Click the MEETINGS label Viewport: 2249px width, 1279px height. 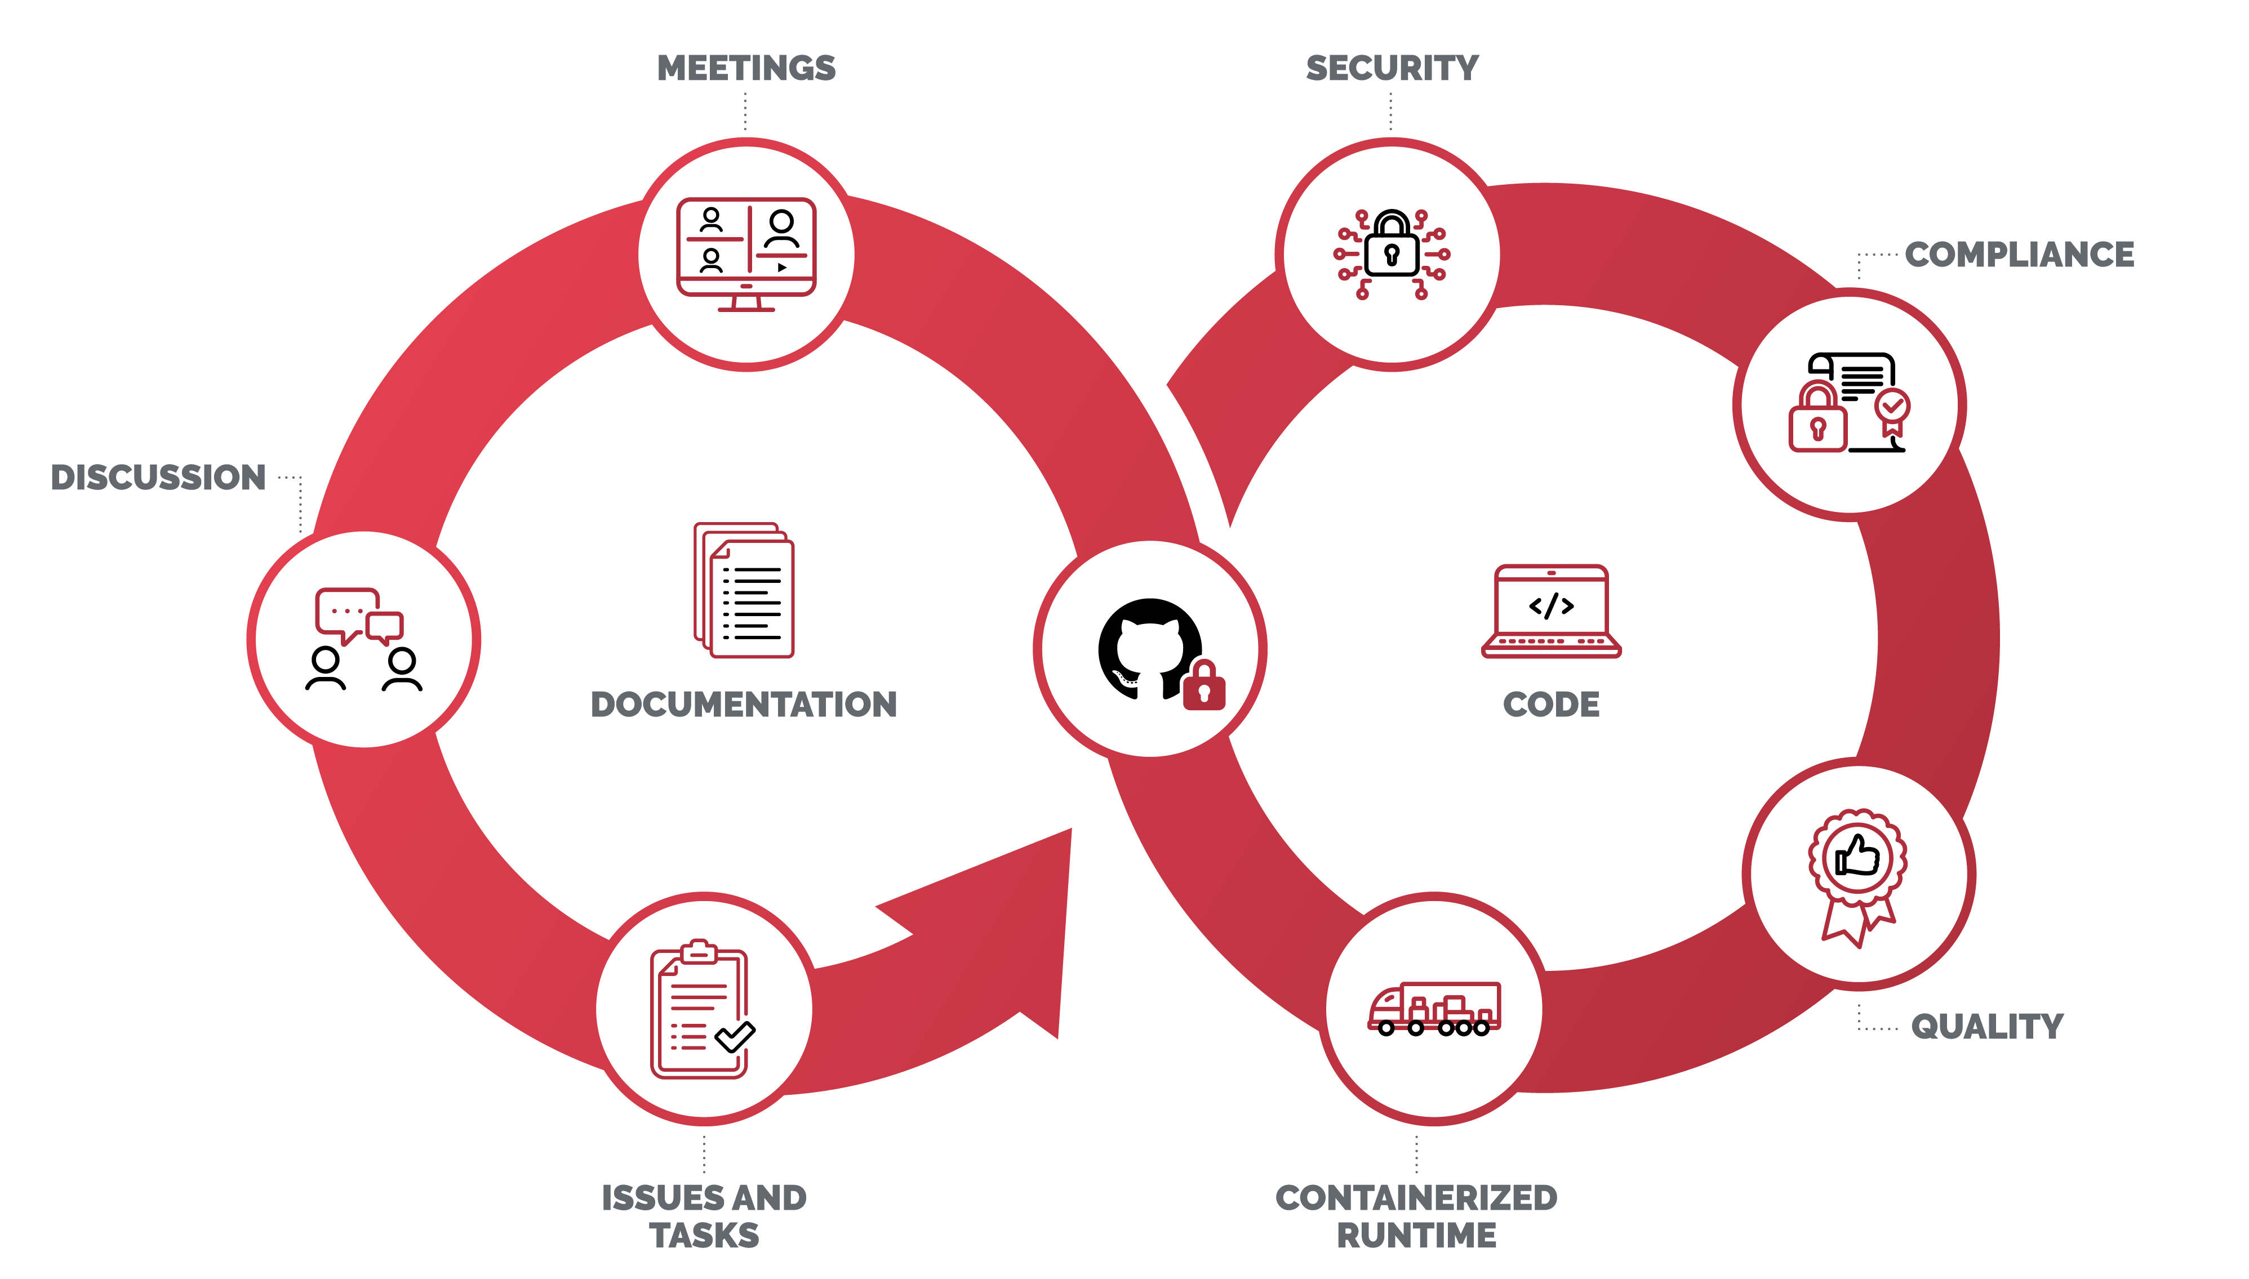(x=746, y=69)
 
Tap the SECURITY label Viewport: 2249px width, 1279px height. (x=1392, y=69)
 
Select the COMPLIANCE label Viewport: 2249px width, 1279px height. (x=2019, y=255)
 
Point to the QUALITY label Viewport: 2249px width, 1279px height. (x=1987, y=1026)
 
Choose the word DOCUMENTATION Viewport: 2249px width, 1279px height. (x=743, y=705)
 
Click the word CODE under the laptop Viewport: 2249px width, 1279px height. (x=1550, y=705)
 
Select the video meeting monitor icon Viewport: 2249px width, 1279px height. (x=746, y=255)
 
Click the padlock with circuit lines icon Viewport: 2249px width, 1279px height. (x=1392, y=255)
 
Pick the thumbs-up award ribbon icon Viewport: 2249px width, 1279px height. (x=1857, y=874)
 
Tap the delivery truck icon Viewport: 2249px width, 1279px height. (x=1434, y=1009)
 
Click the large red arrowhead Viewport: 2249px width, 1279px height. (x=1010, y=923)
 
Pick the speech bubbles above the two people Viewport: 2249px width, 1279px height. (x=358, y=615)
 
